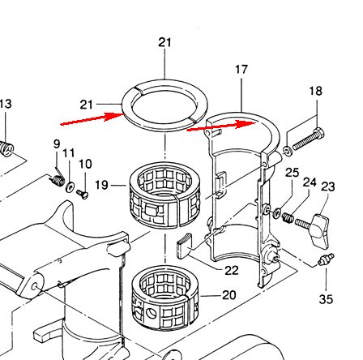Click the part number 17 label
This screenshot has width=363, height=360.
(x=241, y=70)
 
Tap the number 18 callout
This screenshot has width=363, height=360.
(x=315, y=91)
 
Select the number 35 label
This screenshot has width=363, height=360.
(x=326, y=299)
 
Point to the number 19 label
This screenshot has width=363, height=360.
(x=101, y=185)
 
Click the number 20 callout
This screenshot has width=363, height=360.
(x=229, y=295)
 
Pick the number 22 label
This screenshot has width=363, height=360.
(x=232, y=270)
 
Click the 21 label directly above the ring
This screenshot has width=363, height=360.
(x=164, y=42)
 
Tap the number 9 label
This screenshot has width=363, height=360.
(x=57, y=144)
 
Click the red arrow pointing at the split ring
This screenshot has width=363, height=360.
(x=92, y=119)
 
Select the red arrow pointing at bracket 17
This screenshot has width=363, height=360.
(x=221, y=126)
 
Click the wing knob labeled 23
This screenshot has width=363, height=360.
(x=320, y=230)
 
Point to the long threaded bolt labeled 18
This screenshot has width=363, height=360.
(x=309, y=140)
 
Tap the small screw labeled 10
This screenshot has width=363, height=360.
(x=83, y=194)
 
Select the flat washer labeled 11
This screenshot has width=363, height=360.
(x=70, y=187)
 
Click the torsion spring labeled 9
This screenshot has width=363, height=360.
(x=58, y=178)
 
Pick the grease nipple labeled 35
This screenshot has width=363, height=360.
(x=327, y=259)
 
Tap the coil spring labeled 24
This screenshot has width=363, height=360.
(x=288, y=217)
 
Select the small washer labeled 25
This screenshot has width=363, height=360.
(x=277, y=213)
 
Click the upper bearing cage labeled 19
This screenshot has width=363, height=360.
(x=165, y=194)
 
